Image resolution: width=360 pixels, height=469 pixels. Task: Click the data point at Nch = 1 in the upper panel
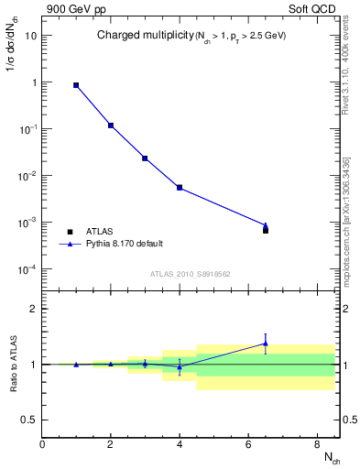click(76, 85)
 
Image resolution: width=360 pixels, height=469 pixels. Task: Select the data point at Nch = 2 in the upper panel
click(111, 125)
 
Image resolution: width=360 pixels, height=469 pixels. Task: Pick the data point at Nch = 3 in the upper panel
click(145, 158)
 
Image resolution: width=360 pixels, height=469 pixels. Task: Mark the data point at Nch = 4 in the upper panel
click(180, 188)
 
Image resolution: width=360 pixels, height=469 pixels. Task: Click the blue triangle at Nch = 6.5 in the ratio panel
click(266, 344)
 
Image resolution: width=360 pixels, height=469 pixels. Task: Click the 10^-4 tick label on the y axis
click(27, 268)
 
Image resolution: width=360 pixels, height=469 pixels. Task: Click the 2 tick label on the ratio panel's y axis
click(34, 309)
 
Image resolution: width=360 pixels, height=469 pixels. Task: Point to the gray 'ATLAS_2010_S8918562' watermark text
click(191, 273)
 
